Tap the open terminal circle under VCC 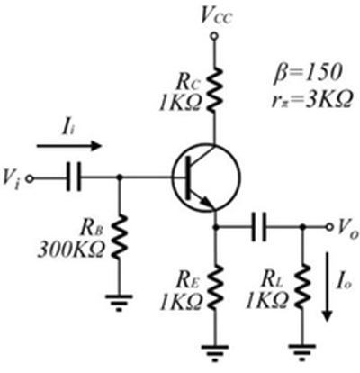214,36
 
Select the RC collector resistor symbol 214,90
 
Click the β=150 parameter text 308,73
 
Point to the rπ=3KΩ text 311,99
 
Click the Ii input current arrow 69,146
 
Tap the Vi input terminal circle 29,178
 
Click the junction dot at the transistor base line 120,178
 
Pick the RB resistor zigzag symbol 120,237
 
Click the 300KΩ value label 71,249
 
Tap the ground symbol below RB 120,303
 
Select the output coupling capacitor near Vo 259,227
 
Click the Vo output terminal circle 329,227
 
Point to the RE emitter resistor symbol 215,287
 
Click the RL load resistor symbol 302,287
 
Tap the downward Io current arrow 328,287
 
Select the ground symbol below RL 302,352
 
